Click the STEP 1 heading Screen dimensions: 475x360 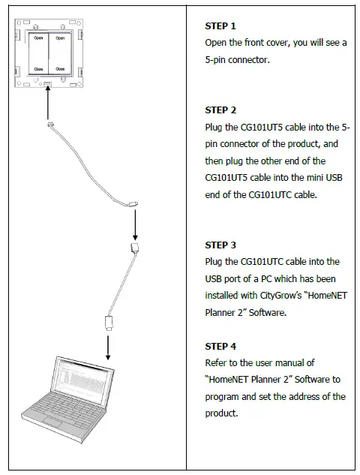pyautogui.click(x=220, y=26)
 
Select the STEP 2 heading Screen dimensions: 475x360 pyautogui.click(x=220, y=110)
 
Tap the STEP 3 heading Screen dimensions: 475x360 pyautogui.click(x=220, y=245)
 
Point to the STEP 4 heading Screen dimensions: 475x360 pyautogui.click(x=220, y=346)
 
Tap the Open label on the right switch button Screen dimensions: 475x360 pyautogui.click(x=59, y=37)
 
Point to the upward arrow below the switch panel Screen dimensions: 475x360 pyautogui.click(x=47, y=101)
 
